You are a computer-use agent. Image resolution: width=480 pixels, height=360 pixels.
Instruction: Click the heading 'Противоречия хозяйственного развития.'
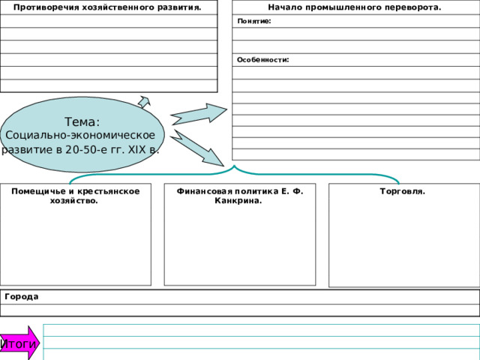point(107,7)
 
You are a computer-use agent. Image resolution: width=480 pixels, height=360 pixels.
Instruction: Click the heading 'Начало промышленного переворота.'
point(355,7)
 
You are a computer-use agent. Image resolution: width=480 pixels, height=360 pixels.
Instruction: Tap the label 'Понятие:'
point(254,21)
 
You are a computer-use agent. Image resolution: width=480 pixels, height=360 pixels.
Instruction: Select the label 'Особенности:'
point(263,60)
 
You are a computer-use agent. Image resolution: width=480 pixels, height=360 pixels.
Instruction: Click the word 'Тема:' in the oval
point(82,121)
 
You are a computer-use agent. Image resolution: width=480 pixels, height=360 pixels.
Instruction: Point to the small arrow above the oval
point(144,102)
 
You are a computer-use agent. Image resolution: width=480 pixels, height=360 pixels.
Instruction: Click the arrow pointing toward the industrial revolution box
point(199,114)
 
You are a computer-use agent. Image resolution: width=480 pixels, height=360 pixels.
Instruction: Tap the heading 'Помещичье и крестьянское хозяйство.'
point(75,196)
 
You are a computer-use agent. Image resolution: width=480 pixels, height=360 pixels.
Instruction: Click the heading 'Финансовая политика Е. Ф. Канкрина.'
point(240,196)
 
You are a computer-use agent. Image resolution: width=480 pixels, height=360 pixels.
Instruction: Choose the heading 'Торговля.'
point(402,191)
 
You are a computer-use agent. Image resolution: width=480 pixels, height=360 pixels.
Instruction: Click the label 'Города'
point(22,297)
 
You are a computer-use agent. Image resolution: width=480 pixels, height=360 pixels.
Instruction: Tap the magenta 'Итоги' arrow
point(19,343)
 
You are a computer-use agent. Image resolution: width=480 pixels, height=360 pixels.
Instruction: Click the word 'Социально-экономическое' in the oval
point(80,135)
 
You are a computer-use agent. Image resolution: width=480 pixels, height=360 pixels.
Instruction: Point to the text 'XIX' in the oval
point(137,150)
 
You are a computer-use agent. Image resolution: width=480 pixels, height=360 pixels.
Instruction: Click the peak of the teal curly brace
point(235,166)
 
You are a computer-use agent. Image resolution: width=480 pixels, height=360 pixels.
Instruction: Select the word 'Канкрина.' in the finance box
point(238,201)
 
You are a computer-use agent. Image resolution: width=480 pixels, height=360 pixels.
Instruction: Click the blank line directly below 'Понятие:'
point(355,34)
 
